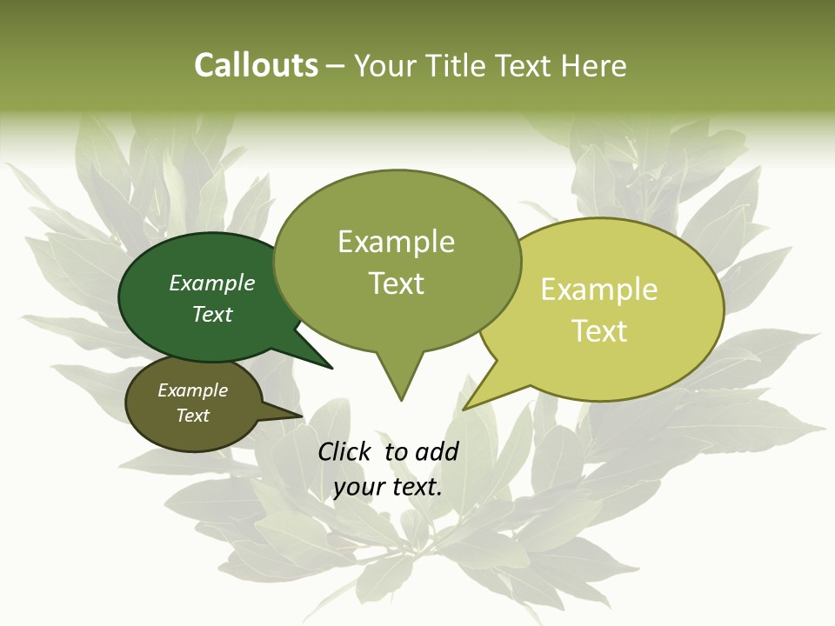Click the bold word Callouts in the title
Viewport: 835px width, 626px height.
pos(256,65)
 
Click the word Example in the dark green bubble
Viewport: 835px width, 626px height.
pos(212,283)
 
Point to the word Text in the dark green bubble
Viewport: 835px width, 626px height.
pos(212,315)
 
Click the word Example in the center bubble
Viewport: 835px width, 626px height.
pos(396,242)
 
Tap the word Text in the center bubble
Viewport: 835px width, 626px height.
pos(397,283)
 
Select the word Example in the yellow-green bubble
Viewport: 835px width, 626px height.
pos(599,290)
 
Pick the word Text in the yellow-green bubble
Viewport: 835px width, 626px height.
pos(600,331)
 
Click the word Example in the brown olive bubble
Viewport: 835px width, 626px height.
pos(193,391)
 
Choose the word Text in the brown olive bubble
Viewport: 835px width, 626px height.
pos(193,416)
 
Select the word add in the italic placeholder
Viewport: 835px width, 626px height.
pos(437,451)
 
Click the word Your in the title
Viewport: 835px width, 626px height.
pos(384,66)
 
